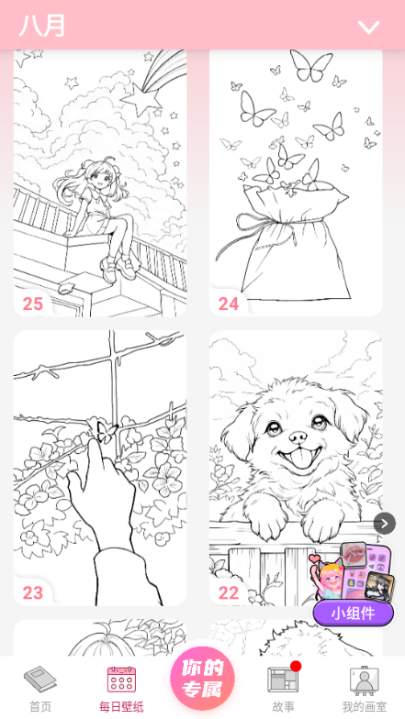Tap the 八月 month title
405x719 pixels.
pyautogui.click(x=42, y=26)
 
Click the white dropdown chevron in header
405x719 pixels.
pyautogui.click(x=369, y=28)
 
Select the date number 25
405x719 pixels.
pyautogui.click(x=33, y=304)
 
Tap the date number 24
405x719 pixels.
pyautogui.click(x=229, y=304)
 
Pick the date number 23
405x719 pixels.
pyautogui.click(x=33, y=592)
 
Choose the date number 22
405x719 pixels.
pyautogui.click(x=229, y=592)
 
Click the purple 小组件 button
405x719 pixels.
pyautogui.click(x=353, y=614)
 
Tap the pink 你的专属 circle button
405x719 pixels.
pyautogui.click(x=202, y=679)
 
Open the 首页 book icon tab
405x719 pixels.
pyautogui.click(x=40, y=679)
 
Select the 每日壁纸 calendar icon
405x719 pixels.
pyautogui.click(x=121, y=679)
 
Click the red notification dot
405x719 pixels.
pyautogui.click(x=296, y=666)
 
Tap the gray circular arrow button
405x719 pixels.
pyautogui.click(x=384, y=523)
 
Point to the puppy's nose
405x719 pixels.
pyautogui.click(x=298, y=436)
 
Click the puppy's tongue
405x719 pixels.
pyautogui.click(x=297, y=460)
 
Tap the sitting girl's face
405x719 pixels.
pyautogui.click(x=100, y=176)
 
